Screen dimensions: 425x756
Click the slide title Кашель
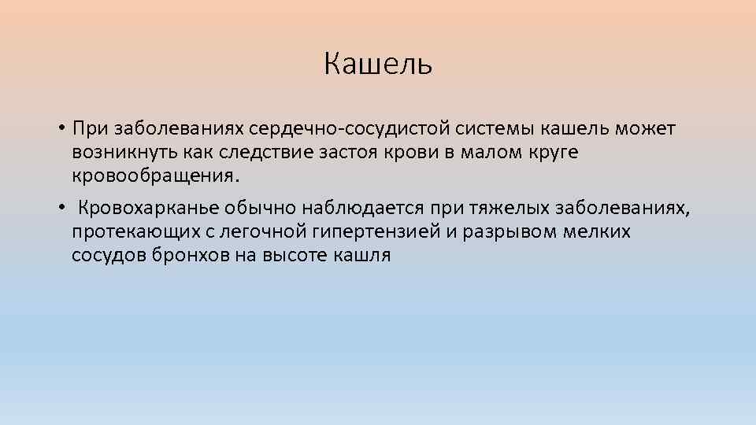(378, 64)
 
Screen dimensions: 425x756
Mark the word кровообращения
(154, 174)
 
